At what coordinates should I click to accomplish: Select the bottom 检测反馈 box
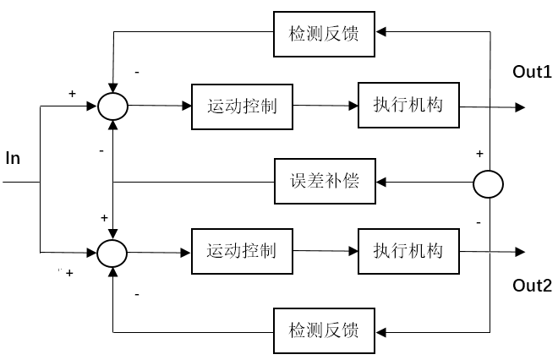tap(324, 328)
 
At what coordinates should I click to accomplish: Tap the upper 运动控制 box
tap(243, 106)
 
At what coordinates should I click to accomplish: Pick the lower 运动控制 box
tap(243, 251)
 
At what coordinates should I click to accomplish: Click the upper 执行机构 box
tap(408, 106)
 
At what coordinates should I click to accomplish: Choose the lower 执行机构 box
tap(408, 251)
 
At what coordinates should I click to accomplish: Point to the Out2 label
tap(533, 286)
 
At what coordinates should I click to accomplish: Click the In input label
tap(13, 157)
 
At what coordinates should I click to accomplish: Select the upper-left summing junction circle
tap(112, 106)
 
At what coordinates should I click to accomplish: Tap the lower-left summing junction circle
tap(112, 251)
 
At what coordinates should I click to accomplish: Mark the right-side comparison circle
tap(488, 182)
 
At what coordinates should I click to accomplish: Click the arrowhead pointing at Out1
tap(520, 107)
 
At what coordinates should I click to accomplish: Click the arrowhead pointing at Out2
tap(520, 251)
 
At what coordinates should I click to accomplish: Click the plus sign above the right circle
tap(479, 154)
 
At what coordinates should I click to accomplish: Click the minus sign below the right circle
tap(479, 221)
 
